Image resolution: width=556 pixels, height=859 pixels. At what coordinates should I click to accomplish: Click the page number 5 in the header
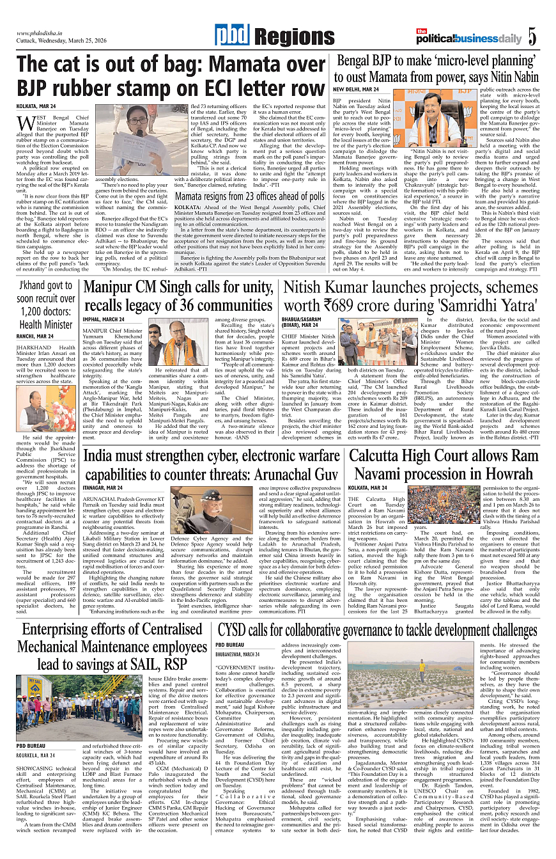[532, 36]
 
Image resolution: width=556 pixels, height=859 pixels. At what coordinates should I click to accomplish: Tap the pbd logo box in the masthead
[231, 36]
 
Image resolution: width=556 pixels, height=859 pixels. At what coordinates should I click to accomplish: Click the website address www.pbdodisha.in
[42, 33]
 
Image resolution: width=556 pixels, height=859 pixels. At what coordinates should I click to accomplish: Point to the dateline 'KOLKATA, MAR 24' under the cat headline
[36, 106]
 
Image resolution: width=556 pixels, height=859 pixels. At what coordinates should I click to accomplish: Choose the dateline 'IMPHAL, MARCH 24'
[104, 319]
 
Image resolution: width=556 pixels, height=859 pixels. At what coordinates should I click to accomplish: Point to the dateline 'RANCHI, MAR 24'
[36, 336]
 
